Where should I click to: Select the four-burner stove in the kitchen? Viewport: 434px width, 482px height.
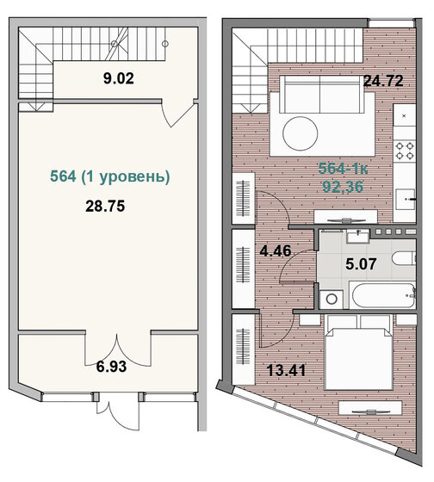tap(406, 150)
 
